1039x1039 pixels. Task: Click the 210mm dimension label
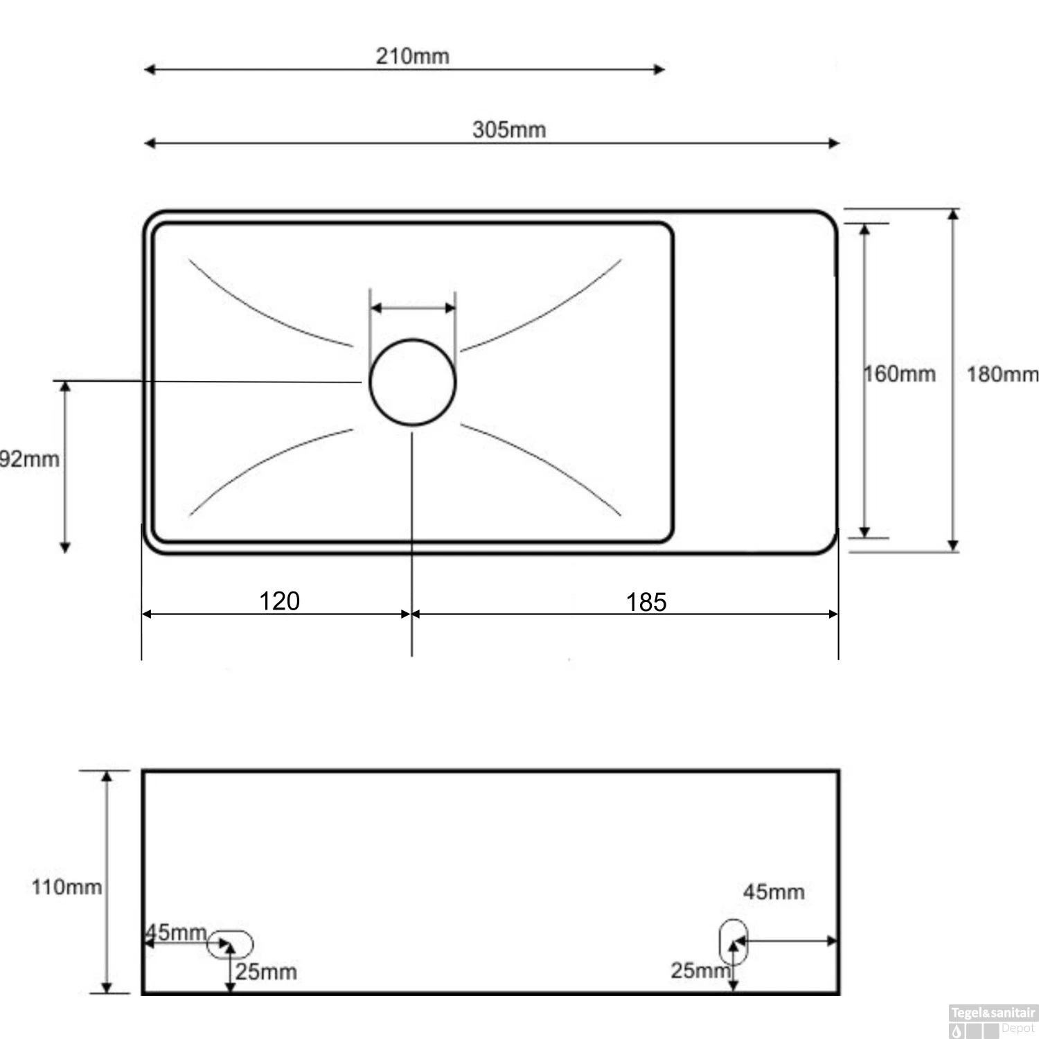412,55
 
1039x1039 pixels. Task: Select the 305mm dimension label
509,130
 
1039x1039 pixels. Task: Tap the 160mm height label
900,374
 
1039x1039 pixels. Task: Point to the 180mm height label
1002,374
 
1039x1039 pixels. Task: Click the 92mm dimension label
29,459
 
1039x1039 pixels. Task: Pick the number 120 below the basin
279,601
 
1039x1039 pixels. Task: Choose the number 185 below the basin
646,602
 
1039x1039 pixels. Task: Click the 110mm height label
66,887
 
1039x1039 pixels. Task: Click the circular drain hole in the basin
413,382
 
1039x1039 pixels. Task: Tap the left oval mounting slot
231,945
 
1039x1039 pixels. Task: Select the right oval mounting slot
734,941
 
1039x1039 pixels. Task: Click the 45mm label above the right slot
774,891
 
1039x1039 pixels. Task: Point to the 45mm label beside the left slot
176,932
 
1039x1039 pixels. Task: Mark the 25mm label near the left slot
266,972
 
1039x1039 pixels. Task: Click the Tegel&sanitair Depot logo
992,1021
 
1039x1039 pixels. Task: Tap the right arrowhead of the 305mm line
835,143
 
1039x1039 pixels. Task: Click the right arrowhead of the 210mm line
659,69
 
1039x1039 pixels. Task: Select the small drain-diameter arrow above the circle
413,308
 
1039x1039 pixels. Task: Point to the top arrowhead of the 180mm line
954,215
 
